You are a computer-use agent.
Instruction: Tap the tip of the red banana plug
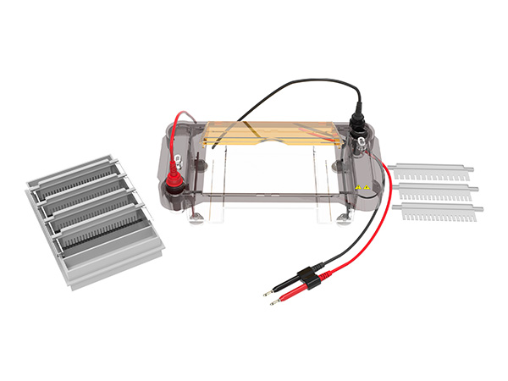coord(272,302)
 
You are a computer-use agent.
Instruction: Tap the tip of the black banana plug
coord(265,293)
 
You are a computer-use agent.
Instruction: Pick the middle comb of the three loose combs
coord(436,190)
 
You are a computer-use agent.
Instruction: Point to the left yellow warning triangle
coord(356,185)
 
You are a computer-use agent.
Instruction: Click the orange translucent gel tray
coord(271,135)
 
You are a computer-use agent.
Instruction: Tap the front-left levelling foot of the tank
coord(196,221)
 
